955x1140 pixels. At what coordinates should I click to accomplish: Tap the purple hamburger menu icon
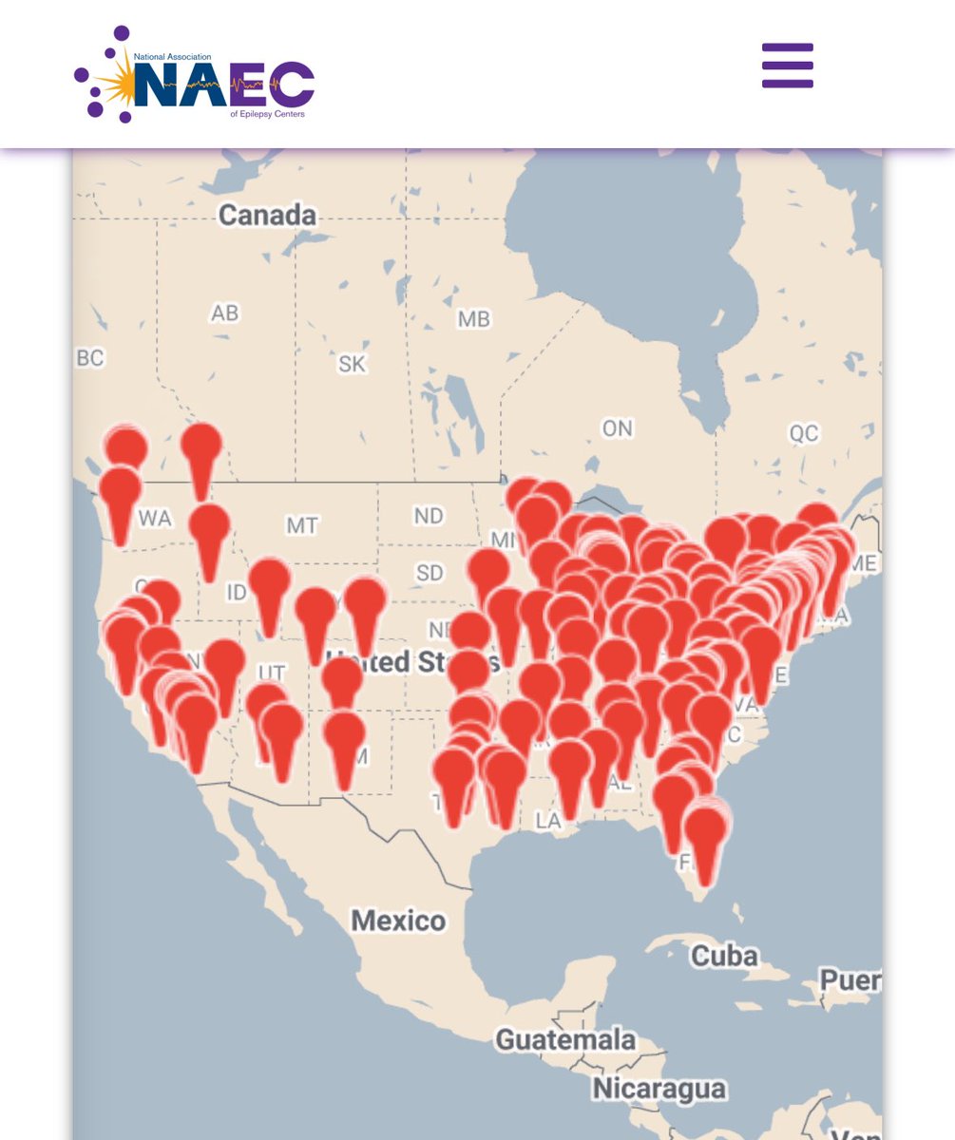pos(787,66)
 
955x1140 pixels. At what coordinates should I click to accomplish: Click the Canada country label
pos(267,215)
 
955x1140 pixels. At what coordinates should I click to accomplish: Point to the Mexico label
pos(398,920)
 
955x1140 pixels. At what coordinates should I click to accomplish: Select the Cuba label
pos(723,954)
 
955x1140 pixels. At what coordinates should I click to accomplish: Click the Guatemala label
pos(564,1039)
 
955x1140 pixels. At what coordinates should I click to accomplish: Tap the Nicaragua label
pos(659,1088)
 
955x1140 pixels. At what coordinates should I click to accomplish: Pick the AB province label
pos(225,313)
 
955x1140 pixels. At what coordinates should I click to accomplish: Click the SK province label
pos(352,363)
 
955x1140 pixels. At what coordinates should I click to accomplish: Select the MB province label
pos(473,319)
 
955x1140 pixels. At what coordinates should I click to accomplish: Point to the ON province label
pos(617,428)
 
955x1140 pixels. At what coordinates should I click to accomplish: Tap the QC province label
pos(803,433)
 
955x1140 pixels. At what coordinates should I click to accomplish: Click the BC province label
pos(89,358)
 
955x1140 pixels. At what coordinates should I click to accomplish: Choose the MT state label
pos(302,524)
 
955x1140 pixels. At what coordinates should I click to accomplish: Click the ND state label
pos(429,516)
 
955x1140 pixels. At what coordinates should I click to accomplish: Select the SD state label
pos(430,573)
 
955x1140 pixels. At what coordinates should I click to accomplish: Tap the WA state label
pos(155,519)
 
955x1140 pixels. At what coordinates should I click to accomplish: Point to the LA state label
pos(548,821)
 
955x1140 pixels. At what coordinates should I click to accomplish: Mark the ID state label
pos(237,593)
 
